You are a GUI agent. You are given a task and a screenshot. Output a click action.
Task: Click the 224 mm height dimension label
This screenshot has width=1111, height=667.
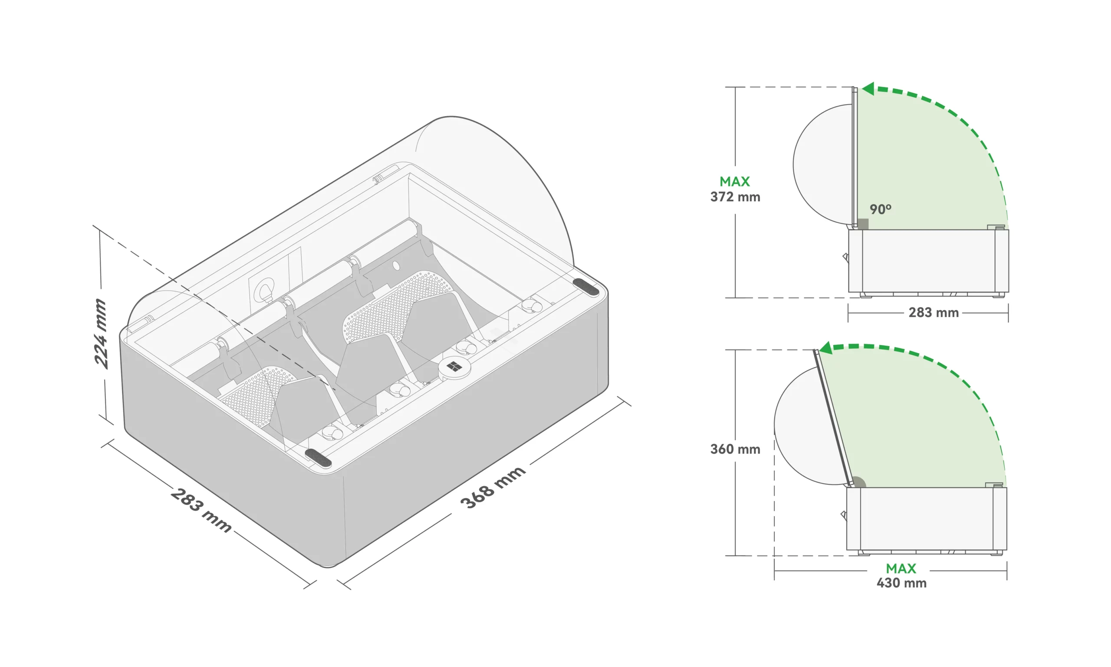pos(101,334)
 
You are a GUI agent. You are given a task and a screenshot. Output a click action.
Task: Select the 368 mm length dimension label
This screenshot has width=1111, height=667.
pos(493,487)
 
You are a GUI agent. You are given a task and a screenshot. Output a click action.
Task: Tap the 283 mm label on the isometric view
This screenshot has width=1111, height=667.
pos(201,510)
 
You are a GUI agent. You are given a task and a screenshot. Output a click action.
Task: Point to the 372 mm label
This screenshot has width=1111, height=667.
pos(735,197)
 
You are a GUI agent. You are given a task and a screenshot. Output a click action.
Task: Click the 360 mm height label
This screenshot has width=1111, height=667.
pos(735,449)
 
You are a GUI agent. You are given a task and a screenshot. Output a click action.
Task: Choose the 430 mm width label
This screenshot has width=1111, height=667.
pos(901,583)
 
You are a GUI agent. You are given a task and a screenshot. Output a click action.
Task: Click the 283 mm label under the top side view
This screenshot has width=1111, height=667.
pos(934,312)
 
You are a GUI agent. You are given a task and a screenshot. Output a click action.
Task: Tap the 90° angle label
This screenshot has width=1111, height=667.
pos(880,209)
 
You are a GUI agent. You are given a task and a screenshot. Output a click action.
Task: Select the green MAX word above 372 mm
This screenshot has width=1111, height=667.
pos(735,182)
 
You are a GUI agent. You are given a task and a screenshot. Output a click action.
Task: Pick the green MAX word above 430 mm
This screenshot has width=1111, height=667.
pos(901,569)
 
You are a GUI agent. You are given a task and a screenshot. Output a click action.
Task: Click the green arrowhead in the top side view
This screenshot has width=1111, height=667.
pos(868,88)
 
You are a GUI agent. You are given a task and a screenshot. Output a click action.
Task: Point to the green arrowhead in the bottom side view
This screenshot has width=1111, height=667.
pos(826,348)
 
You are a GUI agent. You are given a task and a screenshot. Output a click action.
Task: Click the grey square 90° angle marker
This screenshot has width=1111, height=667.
pos(863,224)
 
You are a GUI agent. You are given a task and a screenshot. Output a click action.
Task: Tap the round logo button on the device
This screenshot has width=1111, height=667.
pos(454,368)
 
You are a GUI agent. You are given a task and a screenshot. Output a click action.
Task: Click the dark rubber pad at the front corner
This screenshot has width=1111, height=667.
pos(318,458)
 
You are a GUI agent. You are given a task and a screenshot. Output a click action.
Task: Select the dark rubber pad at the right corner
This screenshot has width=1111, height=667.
pos(585,287)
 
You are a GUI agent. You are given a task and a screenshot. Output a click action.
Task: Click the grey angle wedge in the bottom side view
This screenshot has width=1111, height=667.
pos(858,482)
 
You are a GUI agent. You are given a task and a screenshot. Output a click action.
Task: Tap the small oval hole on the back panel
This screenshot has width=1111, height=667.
pos(396,266)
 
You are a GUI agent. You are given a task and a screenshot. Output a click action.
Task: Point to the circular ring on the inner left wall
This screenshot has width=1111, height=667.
pos(264,291)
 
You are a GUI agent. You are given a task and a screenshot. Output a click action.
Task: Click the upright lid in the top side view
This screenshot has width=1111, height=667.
pos(855,158)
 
